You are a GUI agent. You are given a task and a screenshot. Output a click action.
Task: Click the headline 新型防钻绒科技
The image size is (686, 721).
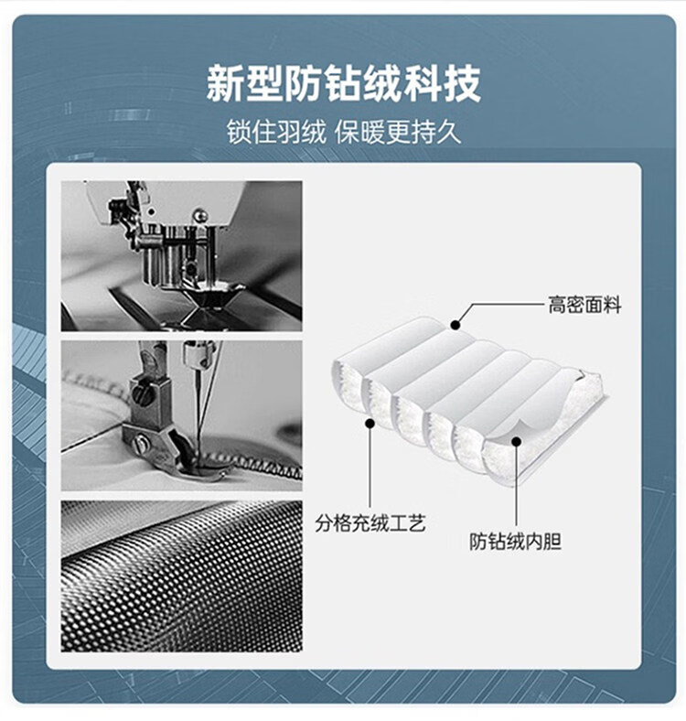pos(343,83)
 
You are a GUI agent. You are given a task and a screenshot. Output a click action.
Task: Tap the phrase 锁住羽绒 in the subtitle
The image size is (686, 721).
pos(276,133)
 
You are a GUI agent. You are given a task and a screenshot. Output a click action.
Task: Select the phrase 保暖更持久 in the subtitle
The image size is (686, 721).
pos(398,133)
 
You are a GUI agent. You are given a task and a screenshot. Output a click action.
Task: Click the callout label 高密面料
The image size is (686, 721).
pos(584,305)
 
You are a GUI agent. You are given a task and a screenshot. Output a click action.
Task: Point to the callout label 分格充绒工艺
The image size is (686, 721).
pos(370,522)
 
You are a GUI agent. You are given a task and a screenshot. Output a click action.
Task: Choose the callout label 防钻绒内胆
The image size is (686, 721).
pos(516,542)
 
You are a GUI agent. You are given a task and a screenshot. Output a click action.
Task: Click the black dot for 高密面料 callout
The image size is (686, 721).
pos(456,325)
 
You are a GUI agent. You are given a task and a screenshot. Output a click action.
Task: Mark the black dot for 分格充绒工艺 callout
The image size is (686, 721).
pos(370,423)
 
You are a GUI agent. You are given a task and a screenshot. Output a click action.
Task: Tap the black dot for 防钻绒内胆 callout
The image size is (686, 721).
pos(517,441)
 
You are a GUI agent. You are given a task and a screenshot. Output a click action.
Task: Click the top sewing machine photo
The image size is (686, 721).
pos(182,255)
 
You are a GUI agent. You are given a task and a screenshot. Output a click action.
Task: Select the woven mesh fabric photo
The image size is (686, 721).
pos(182,576)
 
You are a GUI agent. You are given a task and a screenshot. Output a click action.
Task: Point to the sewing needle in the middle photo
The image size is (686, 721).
pos(198,414)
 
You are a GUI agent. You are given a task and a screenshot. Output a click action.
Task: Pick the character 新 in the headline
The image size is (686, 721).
pos(225,83)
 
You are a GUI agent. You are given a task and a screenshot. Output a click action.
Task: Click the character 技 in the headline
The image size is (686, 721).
pos(462,83)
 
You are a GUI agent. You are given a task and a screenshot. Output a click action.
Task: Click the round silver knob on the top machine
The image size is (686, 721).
pos(199,215)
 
